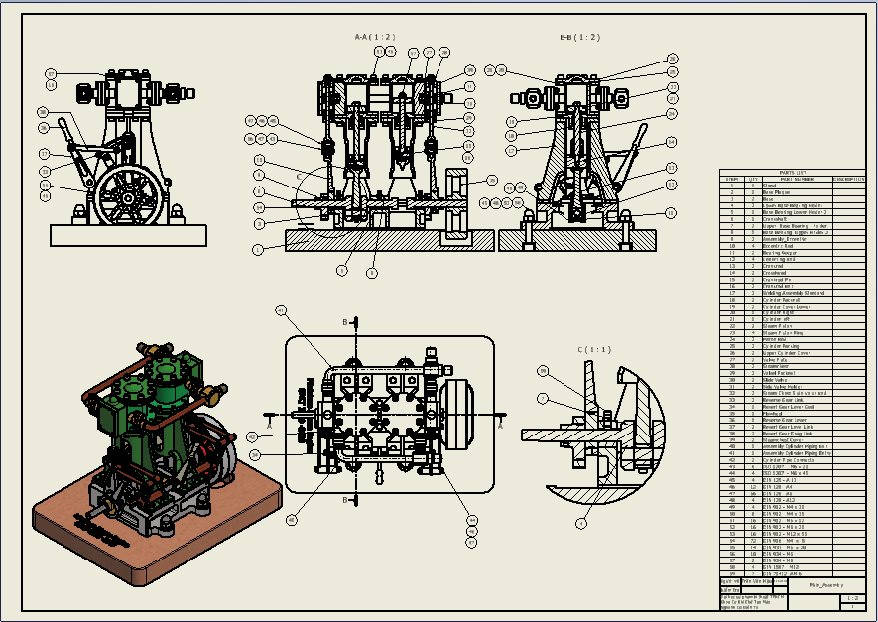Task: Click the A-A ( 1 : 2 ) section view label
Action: (x=375, y=38)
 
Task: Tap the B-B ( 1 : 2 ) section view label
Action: (x=580, y=38)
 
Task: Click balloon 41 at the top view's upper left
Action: (x=281, y=311)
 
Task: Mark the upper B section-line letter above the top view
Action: (x=345, y=323)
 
